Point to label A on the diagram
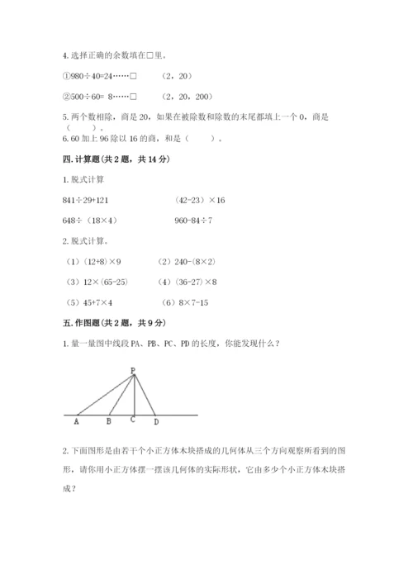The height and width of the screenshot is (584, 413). (x=77, y=421)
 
